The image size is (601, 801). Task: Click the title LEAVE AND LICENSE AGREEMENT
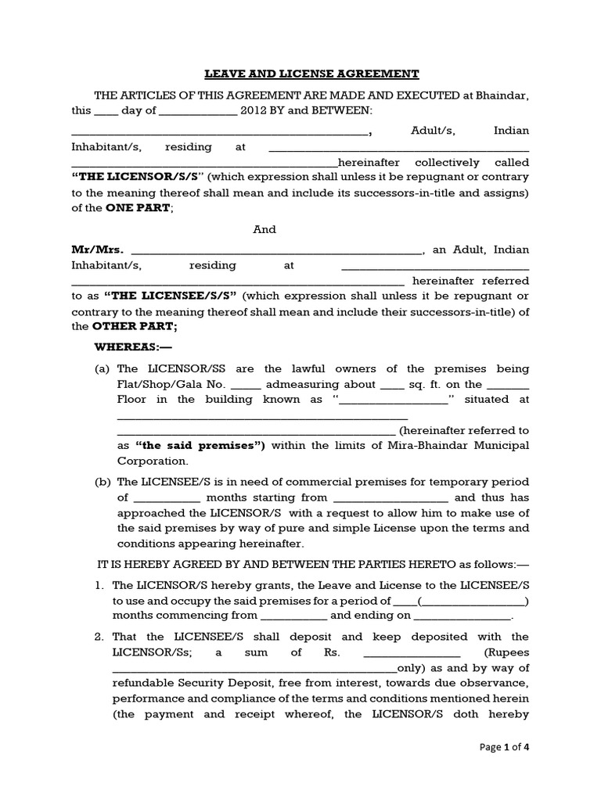[x=311, y=74]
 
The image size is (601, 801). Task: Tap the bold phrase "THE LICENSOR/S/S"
[x=138, y=178]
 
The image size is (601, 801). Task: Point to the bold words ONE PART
[x=139, y=208]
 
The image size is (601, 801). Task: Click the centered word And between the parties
[x=265, y=229]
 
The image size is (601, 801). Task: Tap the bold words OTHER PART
[x=135, y=327]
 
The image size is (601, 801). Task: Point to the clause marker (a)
[x=103, y=368]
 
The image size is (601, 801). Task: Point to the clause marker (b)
[x=103, y=482]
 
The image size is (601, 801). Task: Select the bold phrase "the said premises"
[x=200, y=445]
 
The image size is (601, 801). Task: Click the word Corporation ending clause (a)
[x=153, y=461]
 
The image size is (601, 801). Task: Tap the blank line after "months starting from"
[x=390, y=497]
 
